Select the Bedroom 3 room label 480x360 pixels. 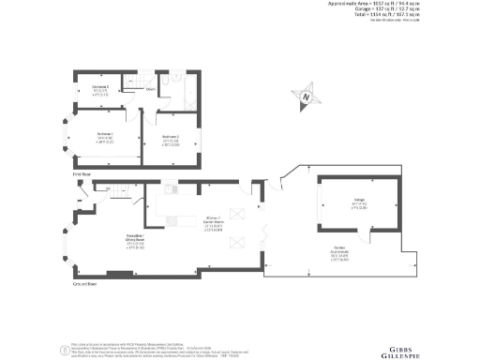[x=101, y=88]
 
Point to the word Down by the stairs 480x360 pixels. [x=150, y=90]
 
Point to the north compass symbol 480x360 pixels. [x=305, y=94]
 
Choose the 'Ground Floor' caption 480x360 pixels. [x=85, y=282]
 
